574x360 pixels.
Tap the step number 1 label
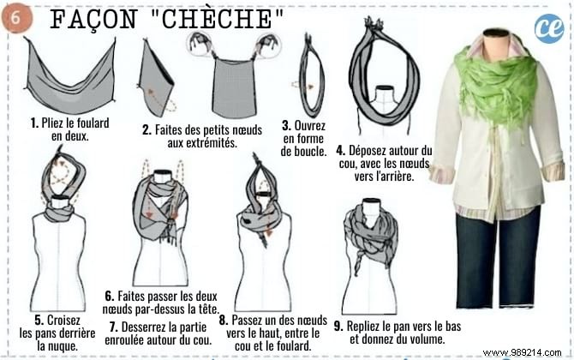33,123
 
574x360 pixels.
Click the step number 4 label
340,151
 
